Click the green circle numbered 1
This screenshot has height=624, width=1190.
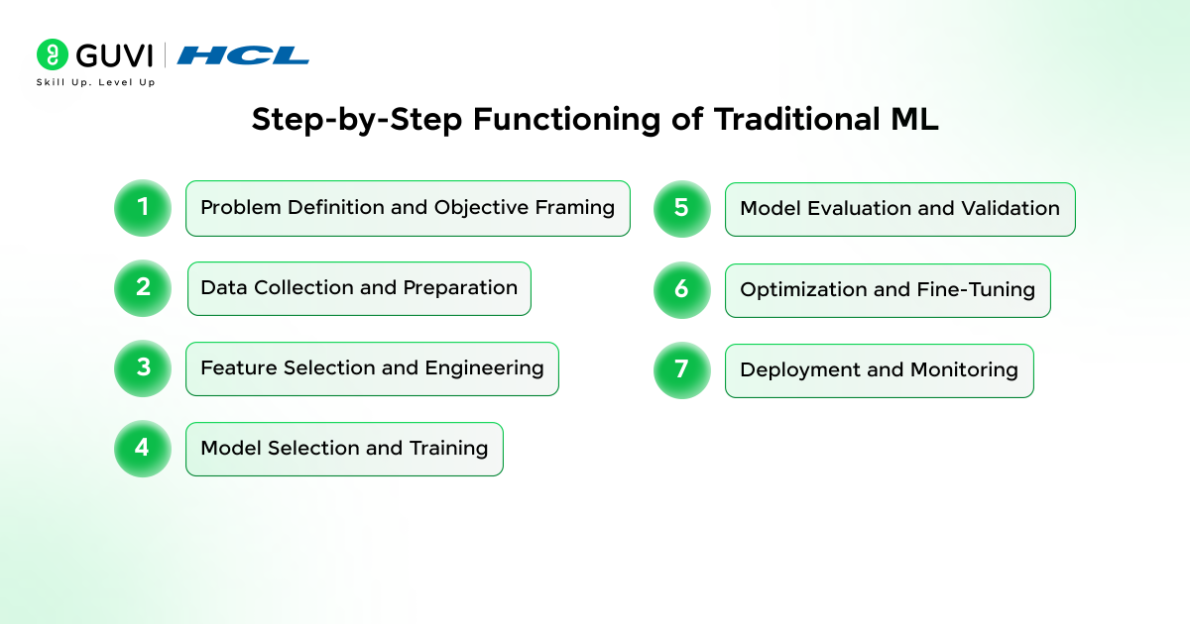pyautogui.click(x=143, y=208)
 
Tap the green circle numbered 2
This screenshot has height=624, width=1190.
pyautogui.click(x=143, y=288)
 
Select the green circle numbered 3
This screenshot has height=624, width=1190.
pyautogui.click(x=143, y=368)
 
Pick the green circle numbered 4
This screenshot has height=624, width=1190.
pyautogui.click(x=143, y=449)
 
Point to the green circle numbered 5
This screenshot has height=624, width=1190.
pyautogui.click(x=682, y=209)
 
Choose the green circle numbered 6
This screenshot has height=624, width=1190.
pyautogui.click(x=682, y=290)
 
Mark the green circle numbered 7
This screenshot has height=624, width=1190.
pyautogui.click(x=682, y=370)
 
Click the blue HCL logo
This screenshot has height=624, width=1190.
pyautogui.click(x=243, y=55)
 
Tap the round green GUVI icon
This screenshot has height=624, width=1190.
pyautogui.click(x=53, y=54)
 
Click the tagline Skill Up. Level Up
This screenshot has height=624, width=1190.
pyautogui.click(x=95, y=82)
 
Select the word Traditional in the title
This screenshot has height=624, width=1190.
pyautogui.click(x=797, y=119)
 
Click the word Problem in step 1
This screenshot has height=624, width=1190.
pyautogui.click(x=240, y=207)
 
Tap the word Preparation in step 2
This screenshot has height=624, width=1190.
pyautogui.click(x=460, y=288)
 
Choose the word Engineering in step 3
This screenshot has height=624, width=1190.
pyautogui.click(x=484, y=368)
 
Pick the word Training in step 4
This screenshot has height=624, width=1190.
pyautogui.click(x=448, y=449)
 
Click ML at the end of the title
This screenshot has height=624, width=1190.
pyautogui.click(x=914, y=119)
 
